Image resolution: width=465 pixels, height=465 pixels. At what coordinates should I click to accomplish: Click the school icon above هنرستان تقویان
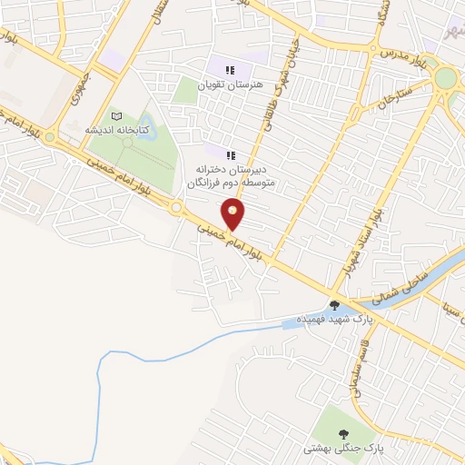(231, 69)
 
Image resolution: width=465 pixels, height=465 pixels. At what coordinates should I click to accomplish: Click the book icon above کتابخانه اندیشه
(114, 116)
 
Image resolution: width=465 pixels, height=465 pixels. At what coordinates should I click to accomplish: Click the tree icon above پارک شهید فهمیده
(335, 305)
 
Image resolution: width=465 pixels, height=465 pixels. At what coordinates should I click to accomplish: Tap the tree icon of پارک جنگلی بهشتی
(343, 434)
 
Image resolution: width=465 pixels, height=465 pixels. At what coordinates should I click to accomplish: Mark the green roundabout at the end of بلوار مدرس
(445, 79)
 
